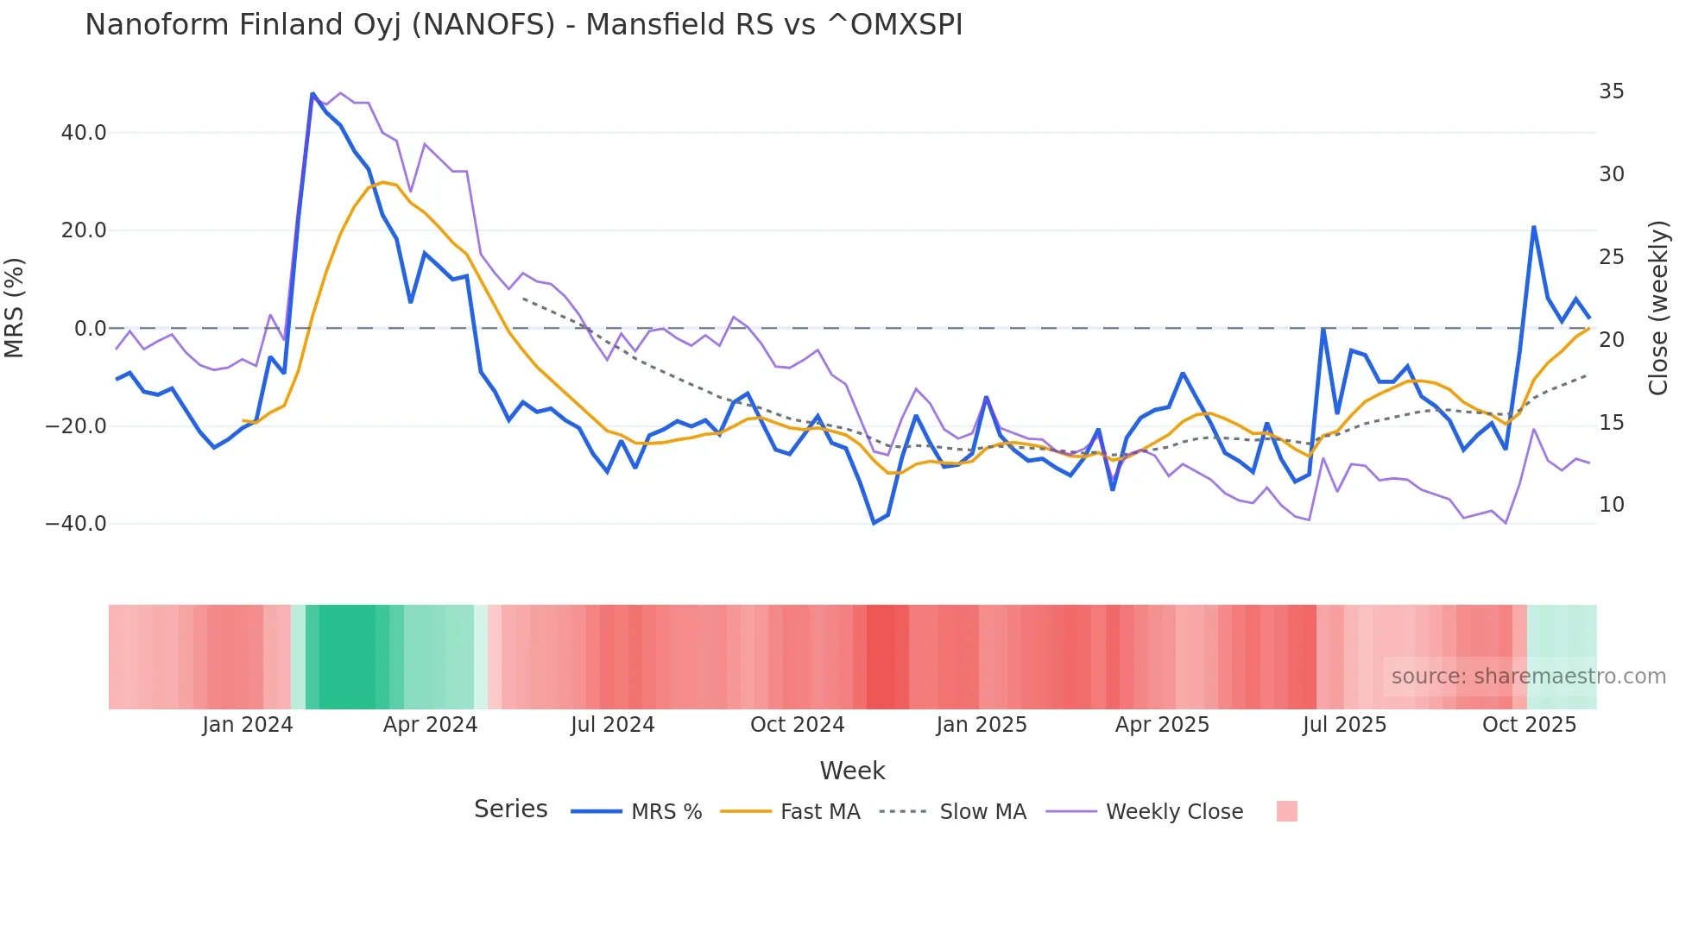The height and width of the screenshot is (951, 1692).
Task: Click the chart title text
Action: point(523,25)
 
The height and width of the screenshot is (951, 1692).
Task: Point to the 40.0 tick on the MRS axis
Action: point(84,133)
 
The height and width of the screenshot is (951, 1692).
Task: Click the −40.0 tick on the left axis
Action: point(77,524)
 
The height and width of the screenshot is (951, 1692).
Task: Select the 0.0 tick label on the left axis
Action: point(91,329)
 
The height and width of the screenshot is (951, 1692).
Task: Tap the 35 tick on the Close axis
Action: point(1611,91)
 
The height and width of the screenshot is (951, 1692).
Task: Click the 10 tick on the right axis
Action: point(1611,505)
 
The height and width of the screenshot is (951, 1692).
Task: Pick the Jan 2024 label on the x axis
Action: point(248,725)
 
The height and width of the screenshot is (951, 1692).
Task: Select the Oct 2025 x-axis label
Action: point(1529,725)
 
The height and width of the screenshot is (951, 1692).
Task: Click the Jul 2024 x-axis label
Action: point(612,725)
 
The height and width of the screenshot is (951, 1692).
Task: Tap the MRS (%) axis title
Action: point(15,308)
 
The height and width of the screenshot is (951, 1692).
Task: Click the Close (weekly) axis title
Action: point(1658,308)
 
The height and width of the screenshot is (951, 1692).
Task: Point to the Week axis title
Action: point(852,771)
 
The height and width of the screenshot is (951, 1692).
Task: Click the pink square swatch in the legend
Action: point(1286,811)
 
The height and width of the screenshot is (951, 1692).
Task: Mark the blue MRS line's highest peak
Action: point(313,94)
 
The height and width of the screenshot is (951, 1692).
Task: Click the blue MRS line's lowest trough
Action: point(874,523)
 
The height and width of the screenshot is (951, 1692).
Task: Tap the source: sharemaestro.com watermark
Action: point(1528,677)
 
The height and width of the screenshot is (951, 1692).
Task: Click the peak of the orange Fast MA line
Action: point(382,182)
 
